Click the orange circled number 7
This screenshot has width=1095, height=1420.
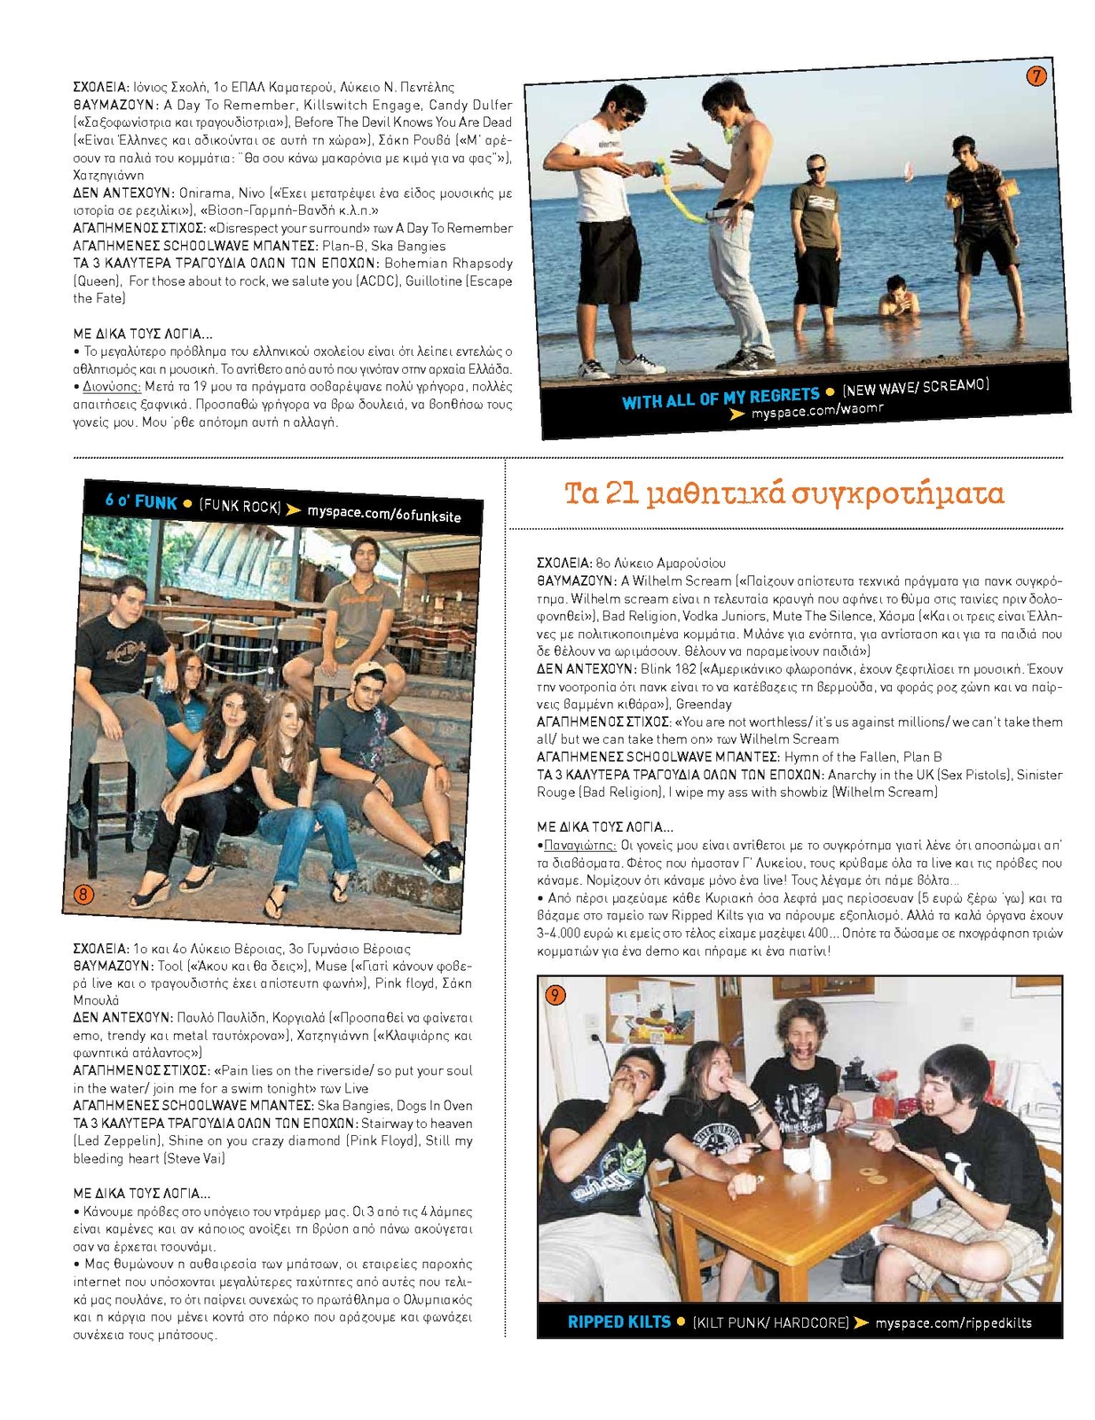[1036, 76]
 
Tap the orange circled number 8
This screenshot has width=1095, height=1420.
[83, 894]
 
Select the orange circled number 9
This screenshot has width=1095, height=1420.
[554, 995]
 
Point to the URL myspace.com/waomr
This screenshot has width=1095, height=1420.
[817, 411]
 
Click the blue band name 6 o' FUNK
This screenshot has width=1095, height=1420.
[141, 501]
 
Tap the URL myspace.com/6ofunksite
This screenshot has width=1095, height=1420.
[384, 514]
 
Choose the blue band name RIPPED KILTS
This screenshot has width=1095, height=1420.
[618, 1321]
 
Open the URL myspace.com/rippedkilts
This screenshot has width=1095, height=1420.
[953, 1322]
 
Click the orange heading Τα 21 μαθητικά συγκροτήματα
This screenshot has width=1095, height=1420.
[784, 493]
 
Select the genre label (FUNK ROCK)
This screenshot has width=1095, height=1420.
[240, 506]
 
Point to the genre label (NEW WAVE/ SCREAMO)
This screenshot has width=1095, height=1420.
[916, 387]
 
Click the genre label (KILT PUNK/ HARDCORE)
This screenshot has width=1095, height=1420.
[770, 1322]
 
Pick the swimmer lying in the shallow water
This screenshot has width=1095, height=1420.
[898, 299]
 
